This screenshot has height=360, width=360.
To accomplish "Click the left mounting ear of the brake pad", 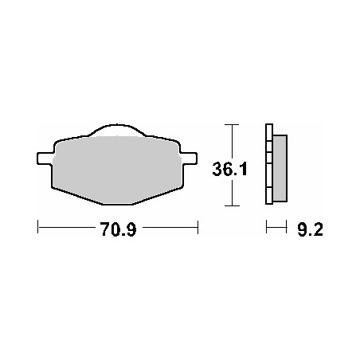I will coord(45,156).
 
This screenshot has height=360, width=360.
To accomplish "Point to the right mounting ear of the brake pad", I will coord(190,156).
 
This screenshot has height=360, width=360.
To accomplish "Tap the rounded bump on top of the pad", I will coord(117,130).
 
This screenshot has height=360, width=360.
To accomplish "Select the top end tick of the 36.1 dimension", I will coord(232,125).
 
